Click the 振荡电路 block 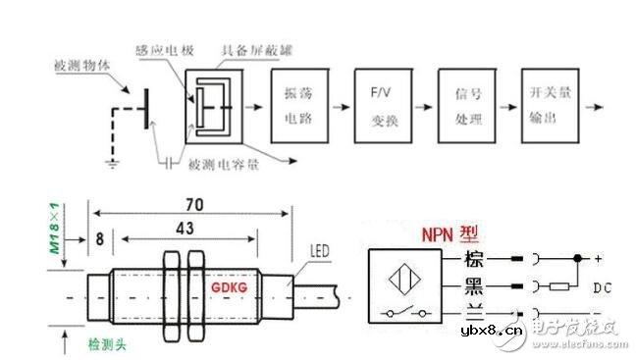[299, 106]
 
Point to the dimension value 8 [100, 236]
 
